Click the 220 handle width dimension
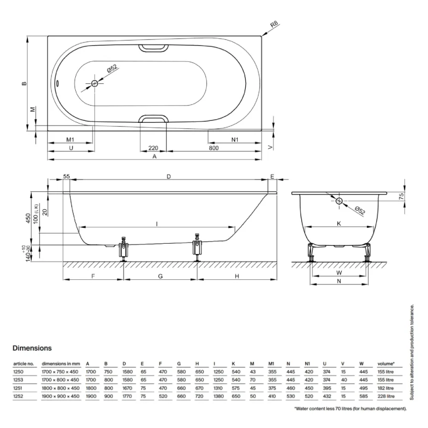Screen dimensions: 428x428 tap(153, 148)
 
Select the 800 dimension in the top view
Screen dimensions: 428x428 tap(214, 148)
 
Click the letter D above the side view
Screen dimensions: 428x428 tap(168, 176)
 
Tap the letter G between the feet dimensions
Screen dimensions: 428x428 tap(160, 276)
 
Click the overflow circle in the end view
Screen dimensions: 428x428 tap(339, 201)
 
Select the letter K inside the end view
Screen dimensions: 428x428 tap(339, 223)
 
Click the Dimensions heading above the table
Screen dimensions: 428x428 tap(32, 348)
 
